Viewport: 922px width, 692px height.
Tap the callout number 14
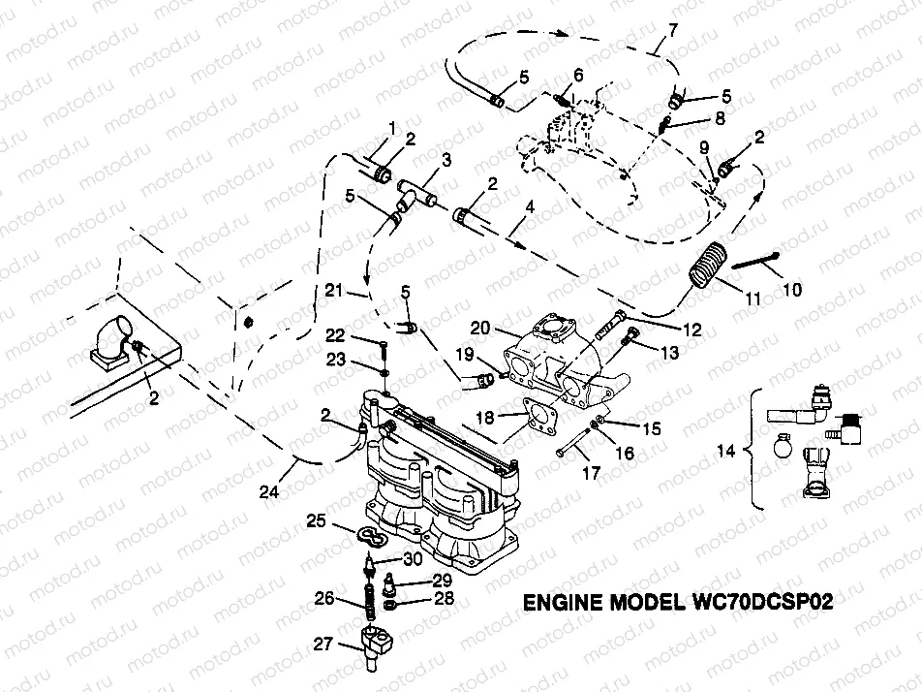pos(731,452)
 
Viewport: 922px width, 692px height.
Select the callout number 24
pos(271,491)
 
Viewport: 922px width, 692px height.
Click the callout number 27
pos(323,643)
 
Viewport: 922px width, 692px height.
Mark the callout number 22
pos(335,335)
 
